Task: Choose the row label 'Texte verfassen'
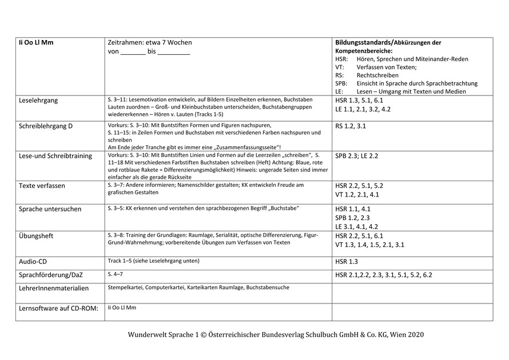[42, 186]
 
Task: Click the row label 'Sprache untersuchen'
[50, 209]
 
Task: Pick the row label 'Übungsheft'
[36, 236]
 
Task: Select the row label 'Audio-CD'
[33, 261]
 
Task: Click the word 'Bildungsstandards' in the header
[362, 43]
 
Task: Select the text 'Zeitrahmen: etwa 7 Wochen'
[150, 43]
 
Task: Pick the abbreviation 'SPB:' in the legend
[341, 83]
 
